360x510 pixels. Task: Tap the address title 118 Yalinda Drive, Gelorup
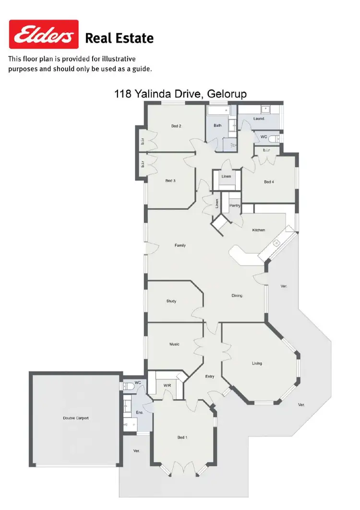[180, 94]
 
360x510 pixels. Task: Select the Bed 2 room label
[176, 126]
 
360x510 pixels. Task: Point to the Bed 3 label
[170, 181]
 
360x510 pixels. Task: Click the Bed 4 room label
[268, 182]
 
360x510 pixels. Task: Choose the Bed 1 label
[182, 437]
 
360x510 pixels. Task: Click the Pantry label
[235, 206]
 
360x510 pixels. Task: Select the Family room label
[180, 245]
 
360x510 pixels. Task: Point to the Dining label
[237, 296]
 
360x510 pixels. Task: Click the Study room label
[171, 301]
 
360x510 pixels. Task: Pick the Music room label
[174, 344]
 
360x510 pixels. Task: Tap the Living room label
[257, 363]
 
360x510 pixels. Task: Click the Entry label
[210, 376]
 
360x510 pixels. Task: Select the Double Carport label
[76, 418]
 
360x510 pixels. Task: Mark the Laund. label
[259, 118]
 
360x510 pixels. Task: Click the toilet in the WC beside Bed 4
[274, 138]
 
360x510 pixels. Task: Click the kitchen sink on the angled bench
[277, 243]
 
